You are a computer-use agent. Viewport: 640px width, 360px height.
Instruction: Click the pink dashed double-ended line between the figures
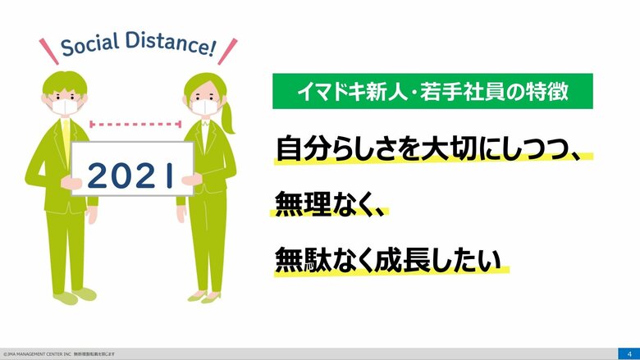coord(135,125)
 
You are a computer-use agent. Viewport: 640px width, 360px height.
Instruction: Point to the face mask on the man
coord(66,105)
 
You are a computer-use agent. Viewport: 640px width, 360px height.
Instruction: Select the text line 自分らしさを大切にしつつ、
coord(432,150)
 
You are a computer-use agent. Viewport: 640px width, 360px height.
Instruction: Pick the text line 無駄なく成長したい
coord(387,258)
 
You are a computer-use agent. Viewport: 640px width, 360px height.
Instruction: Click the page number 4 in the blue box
coord(628,353)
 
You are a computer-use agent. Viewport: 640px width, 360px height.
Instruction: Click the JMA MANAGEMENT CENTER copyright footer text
coord(57,354)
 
